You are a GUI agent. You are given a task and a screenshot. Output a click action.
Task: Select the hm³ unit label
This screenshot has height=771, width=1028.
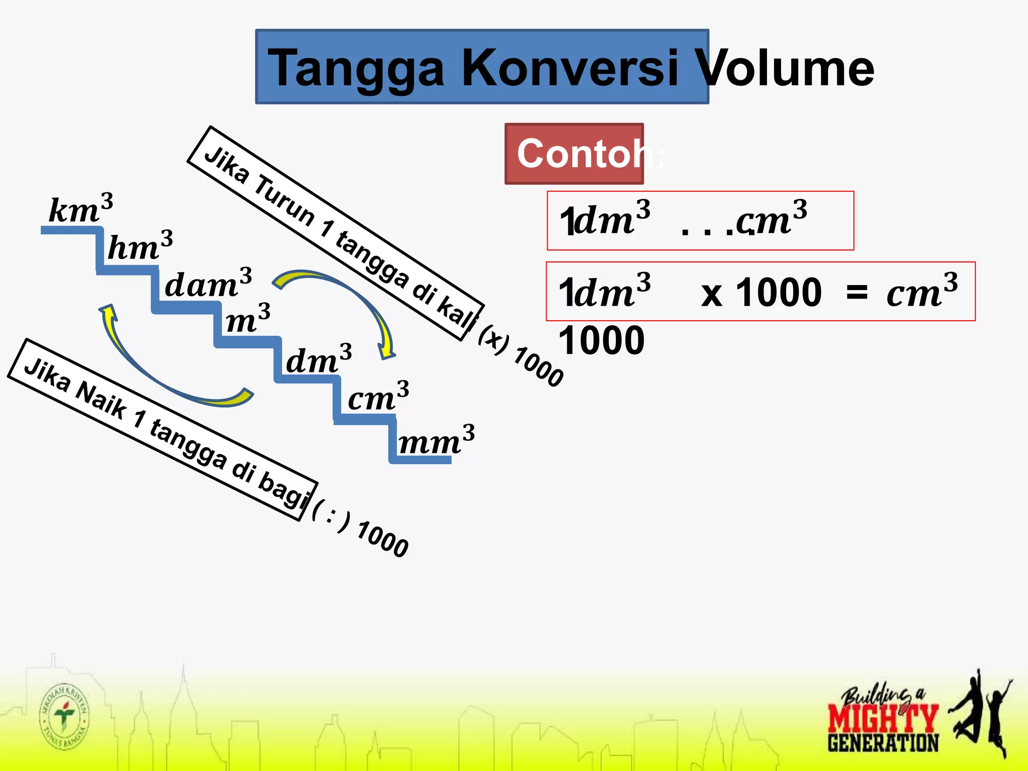tap(140, 246)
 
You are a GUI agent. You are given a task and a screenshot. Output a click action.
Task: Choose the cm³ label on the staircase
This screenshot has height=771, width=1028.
tap(378, 397)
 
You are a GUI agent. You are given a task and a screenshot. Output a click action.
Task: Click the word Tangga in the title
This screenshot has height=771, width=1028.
tap(356, 68)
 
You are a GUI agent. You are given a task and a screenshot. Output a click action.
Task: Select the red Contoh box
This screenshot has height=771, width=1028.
tap(574, 154)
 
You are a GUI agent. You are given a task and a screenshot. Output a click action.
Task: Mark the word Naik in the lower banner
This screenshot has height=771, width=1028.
tap(100, 399)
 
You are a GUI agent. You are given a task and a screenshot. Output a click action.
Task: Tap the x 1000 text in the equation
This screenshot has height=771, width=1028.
tap(761, 292)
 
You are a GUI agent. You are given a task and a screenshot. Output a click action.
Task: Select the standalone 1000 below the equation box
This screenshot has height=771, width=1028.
tap(601, 340)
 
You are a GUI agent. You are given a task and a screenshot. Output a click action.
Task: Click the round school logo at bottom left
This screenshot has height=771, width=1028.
tap(64, 716)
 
